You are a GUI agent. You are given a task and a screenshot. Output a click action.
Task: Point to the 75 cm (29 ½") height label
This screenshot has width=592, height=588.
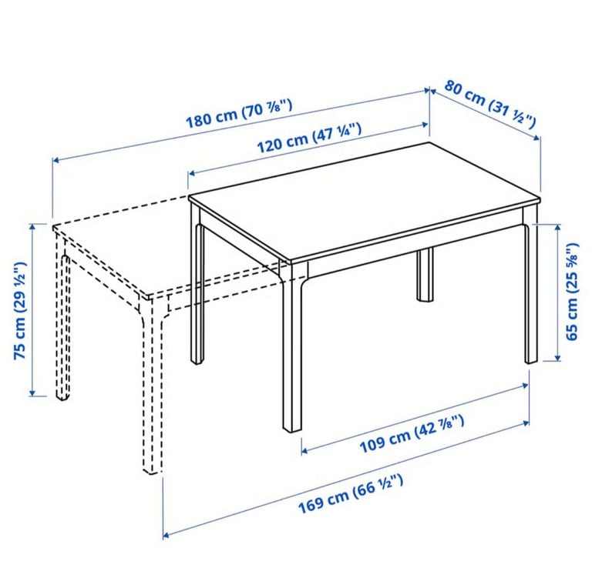click(21, 311)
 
